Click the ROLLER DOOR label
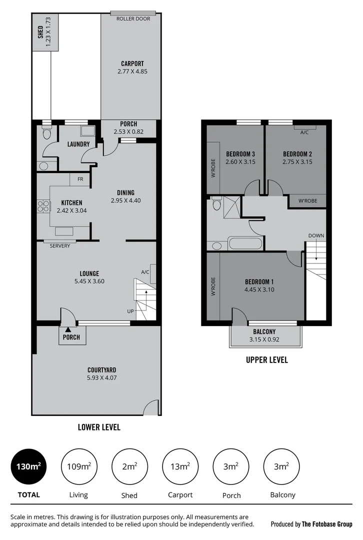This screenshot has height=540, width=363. (132, 18)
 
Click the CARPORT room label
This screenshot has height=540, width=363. (132, 63)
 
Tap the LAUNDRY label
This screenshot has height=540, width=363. (78, 144)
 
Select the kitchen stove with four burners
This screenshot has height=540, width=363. (43, 206)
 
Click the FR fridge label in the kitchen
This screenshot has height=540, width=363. (79, 179)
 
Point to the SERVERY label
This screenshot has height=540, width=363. (60, 246)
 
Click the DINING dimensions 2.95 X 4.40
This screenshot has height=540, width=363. (125, 200)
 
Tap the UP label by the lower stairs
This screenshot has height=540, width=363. (130, 311)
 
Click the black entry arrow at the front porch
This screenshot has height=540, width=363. (67, 329)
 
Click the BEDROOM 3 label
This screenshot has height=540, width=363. (240, 153)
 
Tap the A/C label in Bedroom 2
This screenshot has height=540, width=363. (304, 132)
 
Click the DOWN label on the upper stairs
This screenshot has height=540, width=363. (315, 235)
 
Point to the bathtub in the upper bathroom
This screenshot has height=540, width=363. (245, 244)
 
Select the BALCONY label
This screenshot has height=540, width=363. (264, 331)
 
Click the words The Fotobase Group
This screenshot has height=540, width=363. (327, 524)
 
